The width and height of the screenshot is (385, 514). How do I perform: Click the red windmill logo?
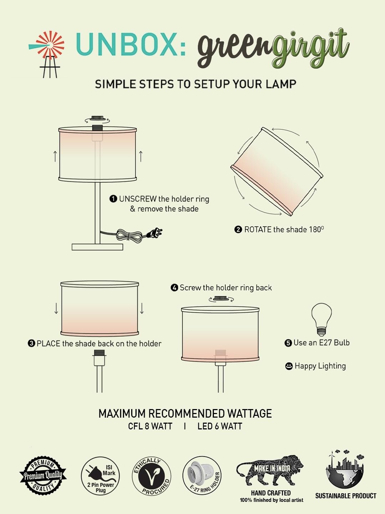tap(47, 54)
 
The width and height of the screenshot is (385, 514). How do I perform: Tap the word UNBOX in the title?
tap(127, 44)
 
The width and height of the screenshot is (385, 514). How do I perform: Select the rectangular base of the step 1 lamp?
tap(97, 247)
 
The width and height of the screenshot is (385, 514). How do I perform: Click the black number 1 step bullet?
tap(113, 199)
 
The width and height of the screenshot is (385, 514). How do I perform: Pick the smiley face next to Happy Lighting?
tap(289, 366)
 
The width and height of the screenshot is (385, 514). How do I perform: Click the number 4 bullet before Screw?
tap(174, 288)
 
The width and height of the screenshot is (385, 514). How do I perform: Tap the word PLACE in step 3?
tap(48, 343)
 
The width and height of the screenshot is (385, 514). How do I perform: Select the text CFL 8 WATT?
tap(150, 426)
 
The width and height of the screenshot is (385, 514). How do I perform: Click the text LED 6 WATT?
tap(220, 426)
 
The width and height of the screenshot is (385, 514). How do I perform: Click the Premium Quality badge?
tap(43, 475)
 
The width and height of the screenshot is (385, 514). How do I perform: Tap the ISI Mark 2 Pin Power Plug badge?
tap(100, 476)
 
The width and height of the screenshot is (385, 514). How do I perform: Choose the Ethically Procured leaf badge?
tap(152, 476)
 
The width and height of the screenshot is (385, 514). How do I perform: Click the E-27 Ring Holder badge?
tap(202, 475)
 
